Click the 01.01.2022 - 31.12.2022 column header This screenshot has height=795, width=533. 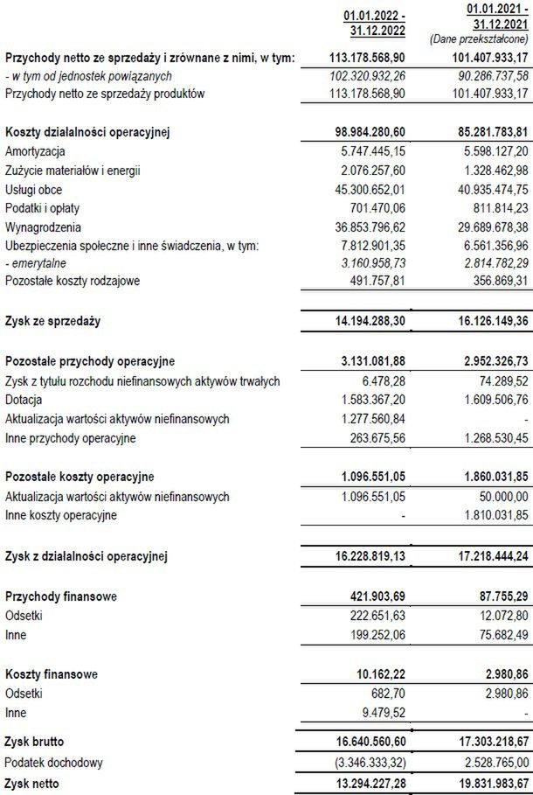[x=375, y=23]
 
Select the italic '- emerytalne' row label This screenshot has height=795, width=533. [x=38, y=265]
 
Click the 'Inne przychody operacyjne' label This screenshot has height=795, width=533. [x=71, y=437]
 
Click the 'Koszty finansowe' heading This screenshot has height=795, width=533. [x=52, y=674]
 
